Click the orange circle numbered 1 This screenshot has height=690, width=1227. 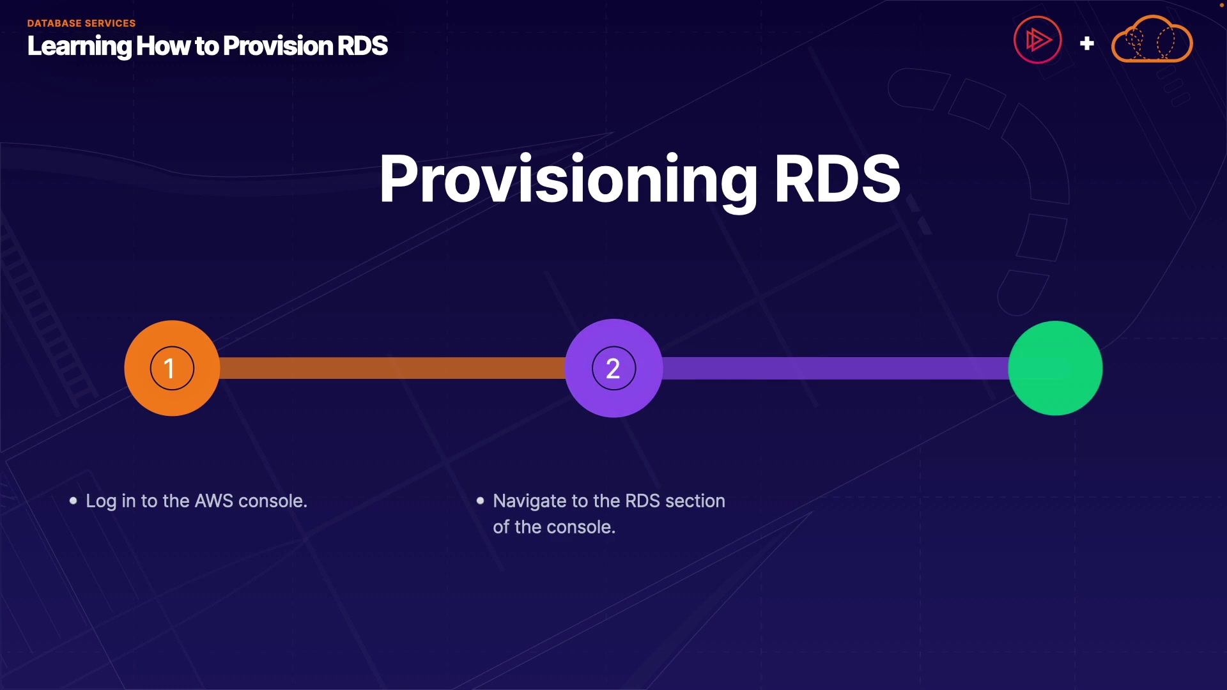pyautogui.click(x=172, y=368)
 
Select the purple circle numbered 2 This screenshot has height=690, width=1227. pyautogui.click(x=613, y=368)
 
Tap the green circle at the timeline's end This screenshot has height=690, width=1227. pyautogui.click(x=1055, y=368)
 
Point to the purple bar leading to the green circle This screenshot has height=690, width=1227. pyautogui.click(x=835, y=368)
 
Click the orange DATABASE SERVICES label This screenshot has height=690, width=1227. pyautogui.click(x=81, y=23)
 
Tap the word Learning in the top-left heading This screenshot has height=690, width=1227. pyautogui.click(x=79, y=46)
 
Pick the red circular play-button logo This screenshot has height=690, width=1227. pyautogui.click(x=1037, y=40)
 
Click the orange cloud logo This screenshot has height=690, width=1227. pyautogui.click(x=1152, y=40)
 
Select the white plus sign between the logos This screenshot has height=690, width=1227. pyautogui.click(x=1086, y=43)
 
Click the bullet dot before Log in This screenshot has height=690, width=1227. pyautogui.click(x=73, y=501)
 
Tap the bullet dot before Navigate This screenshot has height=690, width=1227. pyautogui.click(x=481, y=501)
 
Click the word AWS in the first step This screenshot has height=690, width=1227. pyautogui.click(x=214, y=501)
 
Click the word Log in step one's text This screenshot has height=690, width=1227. pyautogui.click(x=101, y=502)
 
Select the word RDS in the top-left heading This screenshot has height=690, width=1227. pyautogui.click(x=362, y=46)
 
